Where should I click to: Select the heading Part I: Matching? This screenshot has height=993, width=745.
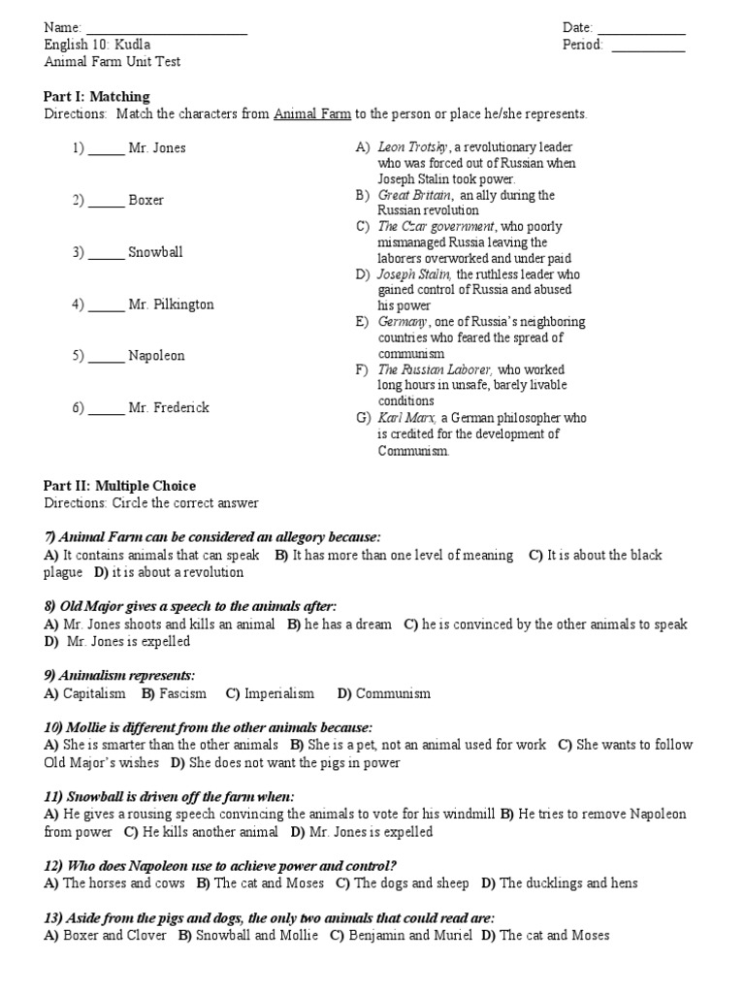97,96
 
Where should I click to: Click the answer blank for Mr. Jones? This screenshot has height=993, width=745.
107,149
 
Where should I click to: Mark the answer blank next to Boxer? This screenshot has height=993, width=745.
107,201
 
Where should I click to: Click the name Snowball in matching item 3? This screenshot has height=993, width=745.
155,252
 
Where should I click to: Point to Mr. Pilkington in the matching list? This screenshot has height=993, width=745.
171,304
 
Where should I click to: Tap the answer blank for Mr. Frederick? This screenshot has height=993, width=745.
107,408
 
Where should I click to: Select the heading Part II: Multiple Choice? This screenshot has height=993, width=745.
120,486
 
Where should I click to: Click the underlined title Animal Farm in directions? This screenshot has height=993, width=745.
311,113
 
